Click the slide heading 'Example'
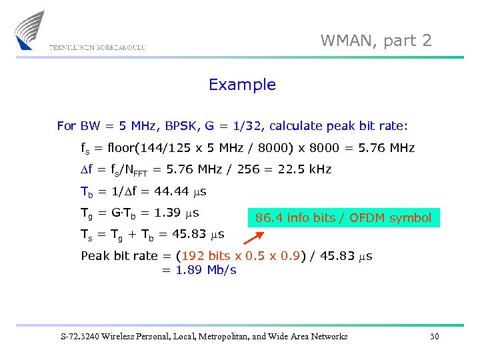pos(242,85)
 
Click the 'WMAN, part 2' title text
pos(376,41)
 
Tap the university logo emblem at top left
pos(29,30)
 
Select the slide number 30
pos(435,337)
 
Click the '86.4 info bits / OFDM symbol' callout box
pos(344,218)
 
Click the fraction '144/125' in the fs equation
pos(176,148)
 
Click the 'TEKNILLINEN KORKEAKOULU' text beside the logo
pos(97,48)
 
